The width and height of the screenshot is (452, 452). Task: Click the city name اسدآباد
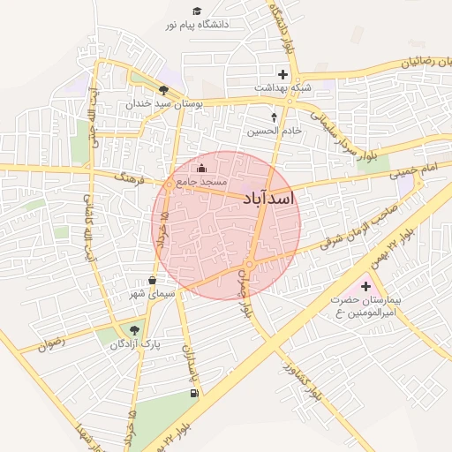[267, 200]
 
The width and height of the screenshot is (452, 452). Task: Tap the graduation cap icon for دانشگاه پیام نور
[197, 11]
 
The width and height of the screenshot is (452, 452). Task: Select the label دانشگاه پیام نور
[196, 25]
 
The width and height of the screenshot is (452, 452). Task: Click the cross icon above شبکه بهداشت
[282, 74]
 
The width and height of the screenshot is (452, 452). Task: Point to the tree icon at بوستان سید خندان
[163, 89]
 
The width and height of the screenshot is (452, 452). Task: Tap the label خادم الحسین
[274, 130]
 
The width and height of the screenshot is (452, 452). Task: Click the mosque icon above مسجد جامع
[201, 168]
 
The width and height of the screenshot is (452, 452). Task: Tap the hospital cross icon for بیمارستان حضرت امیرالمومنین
[365, 286]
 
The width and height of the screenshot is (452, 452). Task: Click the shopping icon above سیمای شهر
[153, 280]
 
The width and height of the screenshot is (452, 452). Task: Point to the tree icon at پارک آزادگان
[133, 330]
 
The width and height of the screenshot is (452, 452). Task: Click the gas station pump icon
[192, 394]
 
